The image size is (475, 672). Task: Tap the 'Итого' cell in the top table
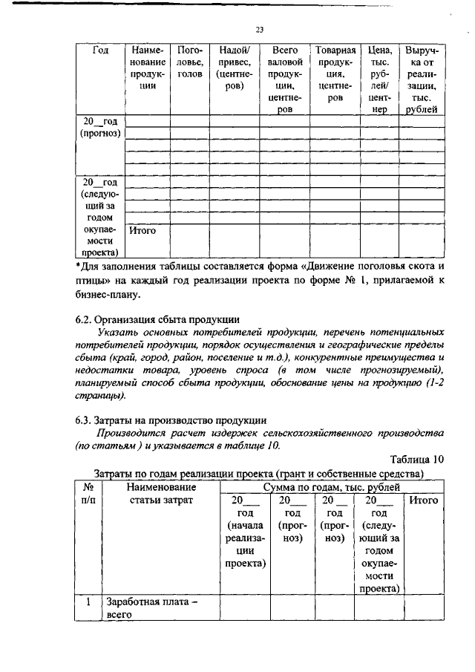point(142,231)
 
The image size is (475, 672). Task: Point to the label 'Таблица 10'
point(416,459)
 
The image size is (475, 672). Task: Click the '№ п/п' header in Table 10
point(88,494)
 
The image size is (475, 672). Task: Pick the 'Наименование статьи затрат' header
point(161,494)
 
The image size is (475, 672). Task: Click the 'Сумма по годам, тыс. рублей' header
point(332,487)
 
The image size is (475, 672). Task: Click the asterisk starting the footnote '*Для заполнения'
point(79,266)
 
